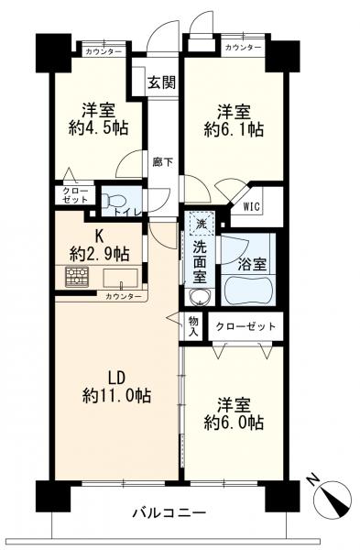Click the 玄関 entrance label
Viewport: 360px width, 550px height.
pyautogui.click(x=161, y=82)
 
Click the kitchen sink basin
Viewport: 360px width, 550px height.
pyautogui.click(x=120, y=278)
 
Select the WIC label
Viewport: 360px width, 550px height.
pyautogui.click(x=252, y=206)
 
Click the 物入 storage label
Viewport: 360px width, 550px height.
pyautogui.click(x=192, y=326)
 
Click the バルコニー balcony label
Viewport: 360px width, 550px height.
pyautogui.click(x=169, y=513)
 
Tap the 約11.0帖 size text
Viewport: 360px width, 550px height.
pyautogui.click(x=116, y=396)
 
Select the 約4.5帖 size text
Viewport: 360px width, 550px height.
pyautogui.click(x=98, y=128)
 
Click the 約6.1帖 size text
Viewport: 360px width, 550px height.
pyautogui.click(x=234, y=129)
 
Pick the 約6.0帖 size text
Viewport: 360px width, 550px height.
pyautogui.click(x=234, y=423)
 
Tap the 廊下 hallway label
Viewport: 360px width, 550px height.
pyautogui.click(x=162, y=162)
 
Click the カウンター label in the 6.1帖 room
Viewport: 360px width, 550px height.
pyautogui.click(x=243, y=48)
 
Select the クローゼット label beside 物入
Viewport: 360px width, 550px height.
pyautogui.click(x=245, y=326)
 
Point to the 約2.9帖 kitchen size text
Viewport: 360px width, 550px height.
pyautogui.click(x=100, y=254)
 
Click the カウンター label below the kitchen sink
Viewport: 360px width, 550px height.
pyautogui.click(x=124, y=297)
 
